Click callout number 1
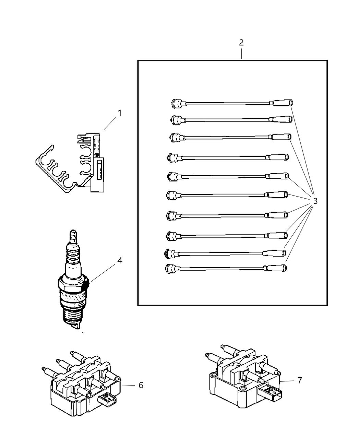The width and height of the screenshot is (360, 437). [120, 113]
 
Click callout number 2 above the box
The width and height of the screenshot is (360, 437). [241, 43]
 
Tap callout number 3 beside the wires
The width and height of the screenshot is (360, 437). [315, 201]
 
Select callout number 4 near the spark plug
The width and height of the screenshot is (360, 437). [120, 261]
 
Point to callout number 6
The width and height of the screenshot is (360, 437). [141, 385]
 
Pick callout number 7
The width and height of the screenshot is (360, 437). [299, 380]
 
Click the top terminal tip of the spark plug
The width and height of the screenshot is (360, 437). [72, 233]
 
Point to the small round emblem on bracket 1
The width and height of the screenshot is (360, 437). [96, 155]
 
